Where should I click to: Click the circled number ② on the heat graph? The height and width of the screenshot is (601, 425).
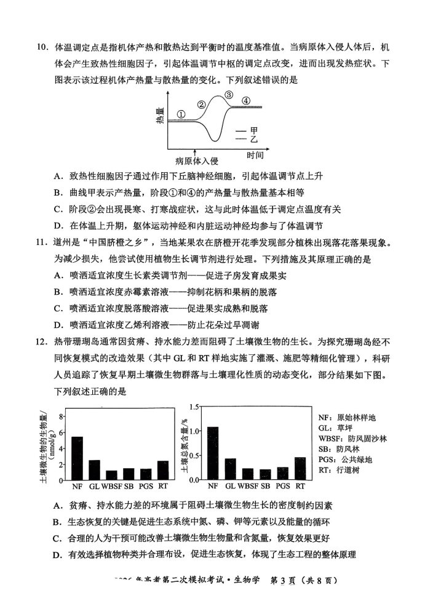tap(201, 104)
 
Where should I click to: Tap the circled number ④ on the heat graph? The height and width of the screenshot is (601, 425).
tap(246, 100)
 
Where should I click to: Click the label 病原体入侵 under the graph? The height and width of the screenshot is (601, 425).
tap(196, 161)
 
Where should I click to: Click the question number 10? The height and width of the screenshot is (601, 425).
tap(44, 47)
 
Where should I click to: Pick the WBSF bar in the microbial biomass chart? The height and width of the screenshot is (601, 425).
tap(111, 474)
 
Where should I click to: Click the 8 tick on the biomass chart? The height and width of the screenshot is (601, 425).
tap(62, 416)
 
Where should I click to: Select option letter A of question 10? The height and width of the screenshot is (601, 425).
tap(58, 176)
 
